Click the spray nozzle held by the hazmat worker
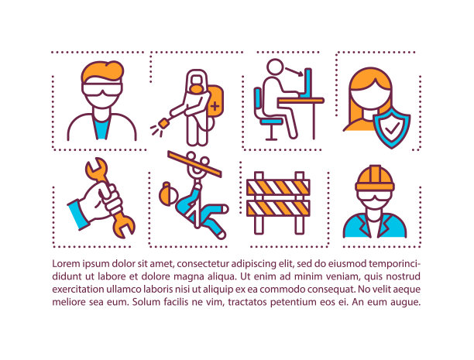click(x=164, y=123)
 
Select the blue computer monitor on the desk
click(x=307, y=83)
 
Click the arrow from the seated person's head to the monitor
click(x=294, y=72)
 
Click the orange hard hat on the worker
click(x=375, y=178)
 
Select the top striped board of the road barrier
click(x=278, y=187)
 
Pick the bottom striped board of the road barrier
click(x=278, y=208)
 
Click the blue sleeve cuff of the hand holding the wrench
click(x=78, y=214)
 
